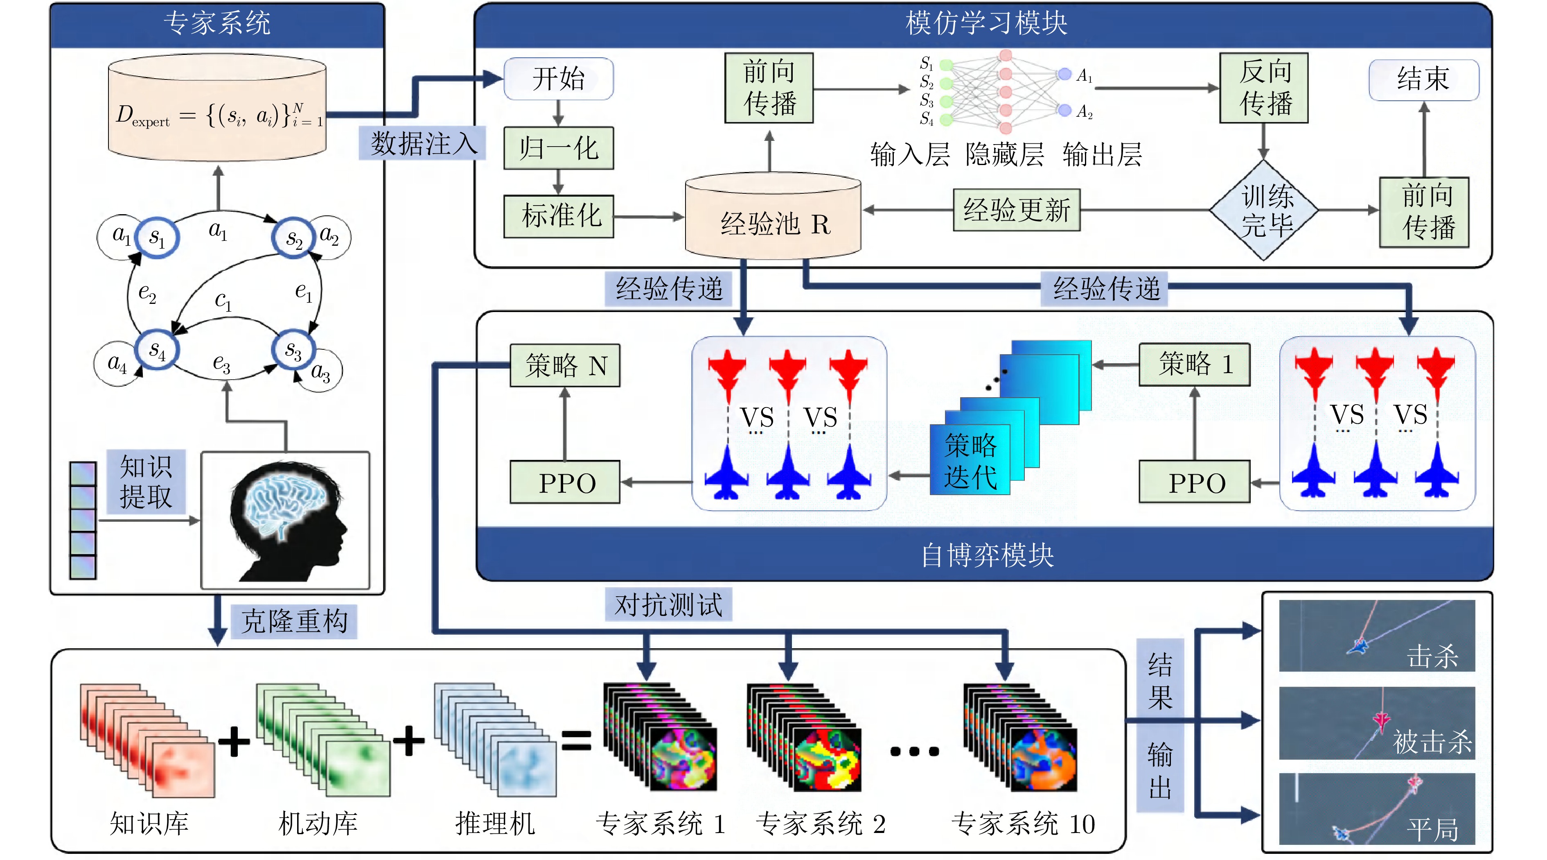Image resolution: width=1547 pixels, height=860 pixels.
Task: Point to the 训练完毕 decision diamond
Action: tap(1264, 210)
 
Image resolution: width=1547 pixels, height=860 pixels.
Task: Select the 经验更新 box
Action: tap(1016, 210)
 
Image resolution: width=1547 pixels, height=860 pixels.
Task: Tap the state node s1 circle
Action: tap(156, 238)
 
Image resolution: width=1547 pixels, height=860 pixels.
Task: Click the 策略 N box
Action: tap(564, 365)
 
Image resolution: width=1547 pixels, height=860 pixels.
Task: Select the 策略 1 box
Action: tap(1194, 364)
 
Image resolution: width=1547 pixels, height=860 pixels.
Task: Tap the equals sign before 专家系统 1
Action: tap(576, 740)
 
